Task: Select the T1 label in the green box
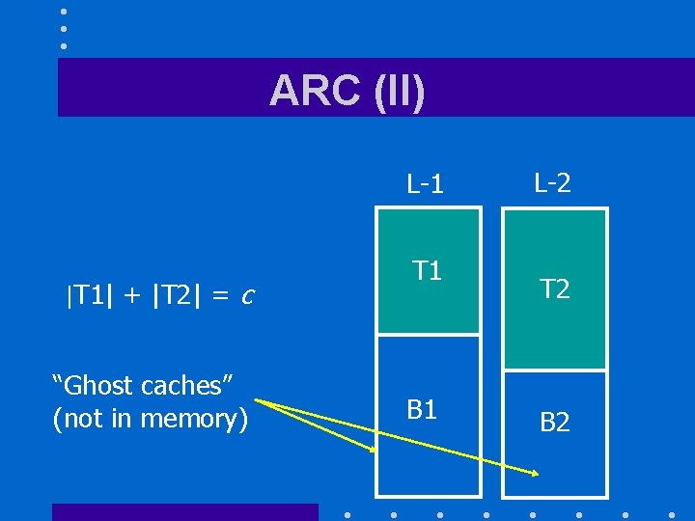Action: [427, 271]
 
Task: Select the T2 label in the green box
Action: [554, 288]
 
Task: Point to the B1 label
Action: [422, 410]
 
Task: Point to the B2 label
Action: [554, 422]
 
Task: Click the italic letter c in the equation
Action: [247, 295]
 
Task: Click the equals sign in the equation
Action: [220, 295]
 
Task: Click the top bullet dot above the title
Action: [64, 12]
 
